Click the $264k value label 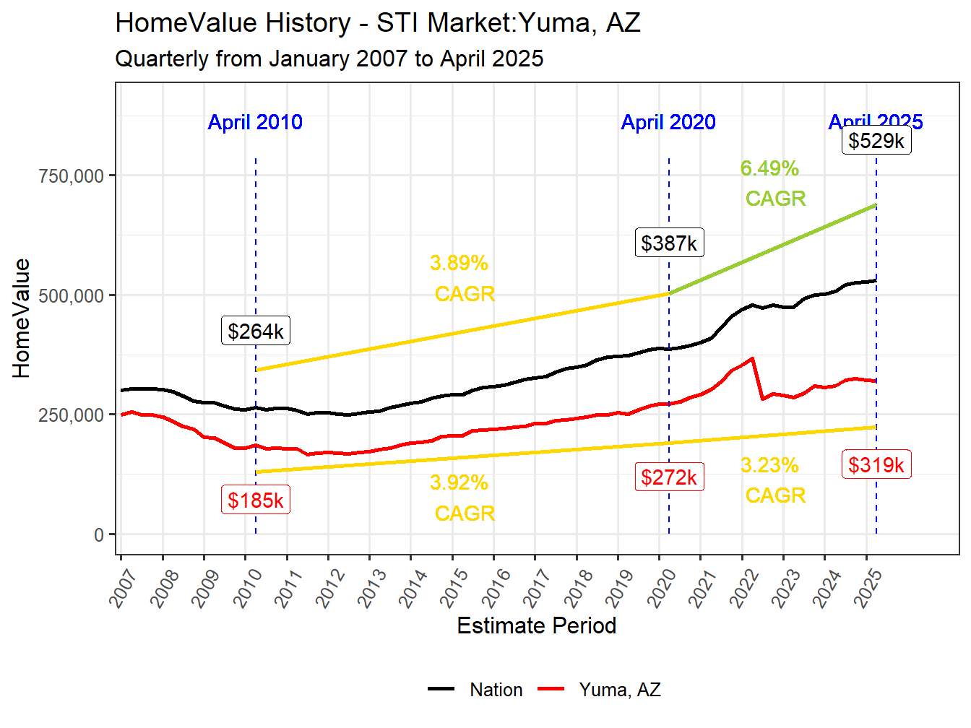[256, 331]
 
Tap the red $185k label [256, 500]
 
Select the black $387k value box [669, 243]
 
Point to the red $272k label [669, 477]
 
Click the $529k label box [876, 141]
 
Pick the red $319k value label [876, 465]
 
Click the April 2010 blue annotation [255, 122]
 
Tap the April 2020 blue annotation [668, 122]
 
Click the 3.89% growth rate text [459, 264]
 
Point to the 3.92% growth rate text [459, 483]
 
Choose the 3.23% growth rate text [770, 466]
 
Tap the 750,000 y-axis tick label [71, 175]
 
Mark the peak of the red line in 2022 [753, 358]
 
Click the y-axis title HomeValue [22, 318]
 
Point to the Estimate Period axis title [537, 625]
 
